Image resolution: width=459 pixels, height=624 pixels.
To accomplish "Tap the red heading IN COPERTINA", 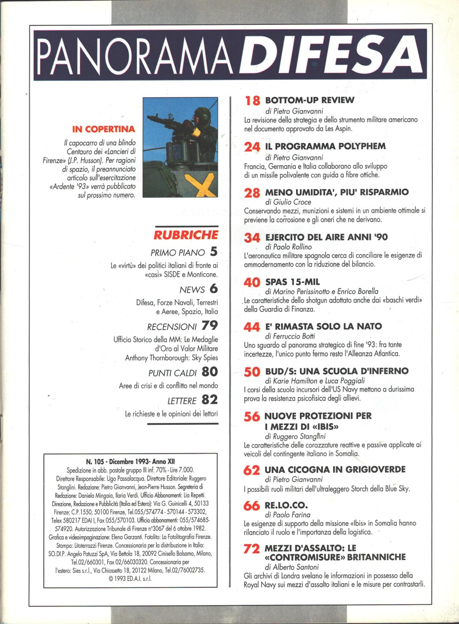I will pos(103,129).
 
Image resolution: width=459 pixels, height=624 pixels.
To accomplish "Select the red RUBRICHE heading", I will pos(186,235).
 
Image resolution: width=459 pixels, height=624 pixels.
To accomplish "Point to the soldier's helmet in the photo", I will pos(202,114).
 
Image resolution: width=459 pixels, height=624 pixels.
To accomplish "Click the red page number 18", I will pos(252,101).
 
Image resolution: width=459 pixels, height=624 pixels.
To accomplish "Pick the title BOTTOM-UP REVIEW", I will pos(309,100).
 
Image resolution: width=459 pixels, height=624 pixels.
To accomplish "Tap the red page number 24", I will pos(252,147).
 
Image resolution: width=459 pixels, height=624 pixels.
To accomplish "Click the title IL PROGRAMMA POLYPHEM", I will pos(325,146).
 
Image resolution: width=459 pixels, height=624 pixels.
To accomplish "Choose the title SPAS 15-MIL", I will pos(292,282).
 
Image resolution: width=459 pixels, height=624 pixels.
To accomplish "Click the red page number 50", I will pos(252,372).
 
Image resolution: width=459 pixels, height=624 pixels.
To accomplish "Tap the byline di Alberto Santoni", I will pos(292,567).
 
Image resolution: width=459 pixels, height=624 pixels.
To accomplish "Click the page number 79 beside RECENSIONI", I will pos(210,325).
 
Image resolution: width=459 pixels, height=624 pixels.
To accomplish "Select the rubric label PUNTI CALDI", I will pos(172,373).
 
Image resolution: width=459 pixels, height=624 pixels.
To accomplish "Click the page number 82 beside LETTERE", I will pos(210,400).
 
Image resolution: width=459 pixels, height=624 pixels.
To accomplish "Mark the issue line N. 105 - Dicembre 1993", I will pos(130,461).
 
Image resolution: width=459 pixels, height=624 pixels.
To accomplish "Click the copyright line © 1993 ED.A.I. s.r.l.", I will pos(130,579).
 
